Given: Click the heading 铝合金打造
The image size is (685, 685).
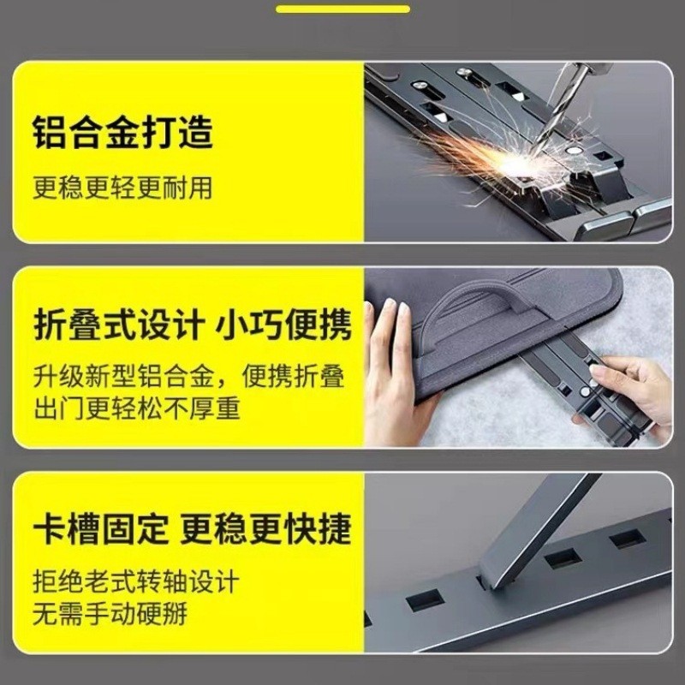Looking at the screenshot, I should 122,134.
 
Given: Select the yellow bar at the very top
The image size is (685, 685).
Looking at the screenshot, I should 342,9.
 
